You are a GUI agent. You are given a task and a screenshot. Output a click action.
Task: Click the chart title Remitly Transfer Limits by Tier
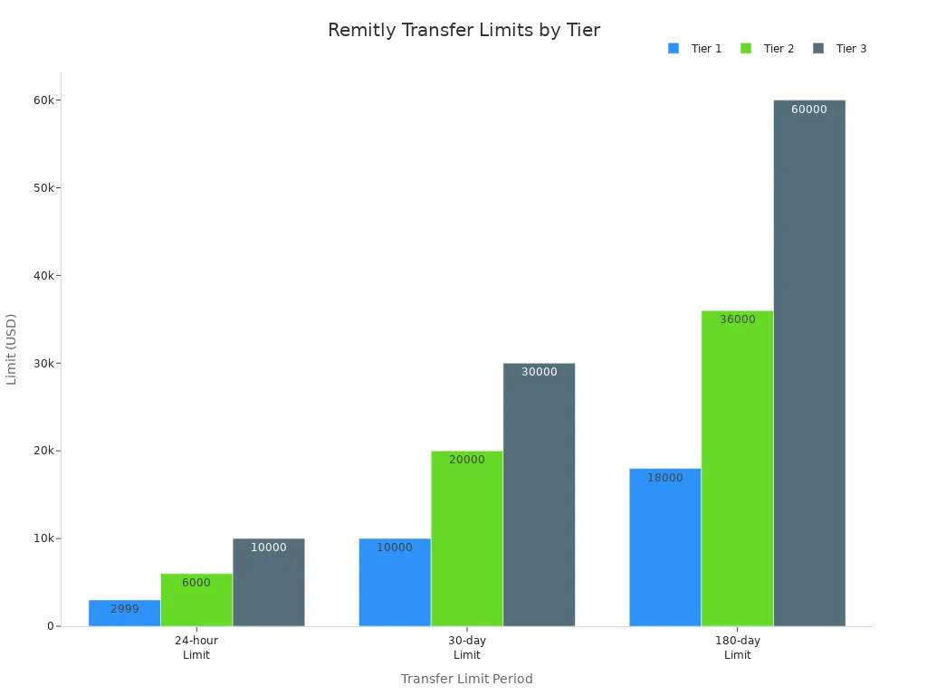tap(463, 30)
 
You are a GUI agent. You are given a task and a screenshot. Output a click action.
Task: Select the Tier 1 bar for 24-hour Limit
tap(124, 613)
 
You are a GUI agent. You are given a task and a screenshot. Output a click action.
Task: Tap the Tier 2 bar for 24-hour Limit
tap(196, 600)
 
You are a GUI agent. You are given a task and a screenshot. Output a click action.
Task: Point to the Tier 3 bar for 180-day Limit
tap(809, 363)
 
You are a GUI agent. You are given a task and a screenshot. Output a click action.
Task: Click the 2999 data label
tap(125, 609)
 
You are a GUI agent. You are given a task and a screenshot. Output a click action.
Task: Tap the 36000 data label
tap(738, 319)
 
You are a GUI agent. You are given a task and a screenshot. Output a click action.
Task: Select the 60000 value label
tap(809, 109)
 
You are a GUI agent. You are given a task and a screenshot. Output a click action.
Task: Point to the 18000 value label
tap(665, 478)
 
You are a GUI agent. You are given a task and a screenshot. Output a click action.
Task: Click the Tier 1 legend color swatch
tap(674, 49)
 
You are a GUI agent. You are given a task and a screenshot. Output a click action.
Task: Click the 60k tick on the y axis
tap(43, 100)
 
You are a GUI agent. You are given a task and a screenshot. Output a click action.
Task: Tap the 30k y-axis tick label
tap(43, 363)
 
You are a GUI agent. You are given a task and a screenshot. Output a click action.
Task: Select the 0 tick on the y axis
tap(51, 626)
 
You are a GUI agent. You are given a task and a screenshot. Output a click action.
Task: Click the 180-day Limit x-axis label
tap(738, 648)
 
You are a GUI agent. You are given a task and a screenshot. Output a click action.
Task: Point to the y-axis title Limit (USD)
tap(12, 348)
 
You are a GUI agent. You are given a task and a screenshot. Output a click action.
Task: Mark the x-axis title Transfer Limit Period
tap(467, 679)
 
